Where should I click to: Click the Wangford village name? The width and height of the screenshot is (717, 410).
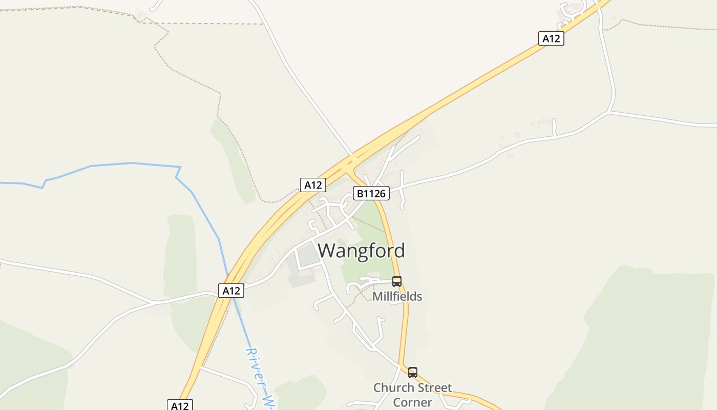(x=361, y=251)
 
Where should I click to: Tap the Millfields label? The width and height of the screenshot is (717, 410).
(x=397, y=296)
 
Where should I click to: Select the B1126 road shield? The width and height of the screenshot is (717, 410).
(x=371, y=193)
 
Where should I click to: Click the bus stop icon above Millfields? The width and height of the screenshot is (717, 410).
(x=397, y=281)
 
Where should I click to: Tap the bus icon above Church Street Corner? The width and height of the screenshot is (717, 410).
(x=413, y=373)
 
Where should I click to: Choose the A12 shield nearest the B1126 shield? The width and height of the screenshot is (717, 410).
(x=313, y=185)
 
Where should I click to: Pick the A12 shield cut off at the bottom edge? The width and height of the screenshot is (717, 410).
(x=180, y=405)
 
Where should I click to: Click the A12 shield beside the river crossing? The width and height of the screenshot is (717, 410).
(x=231, y=291)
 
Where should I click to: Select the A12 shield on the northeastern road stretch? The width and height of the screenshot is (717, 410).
(x=551, y=38)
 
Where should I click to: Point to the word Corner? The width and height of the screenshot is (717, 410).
(x=412, y=402)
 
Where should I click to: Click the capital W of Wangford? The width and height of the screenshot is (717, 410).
(x=328, y=251)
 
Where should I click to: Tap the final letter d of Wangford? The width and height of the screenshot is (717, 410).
(x=399, y=251)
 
